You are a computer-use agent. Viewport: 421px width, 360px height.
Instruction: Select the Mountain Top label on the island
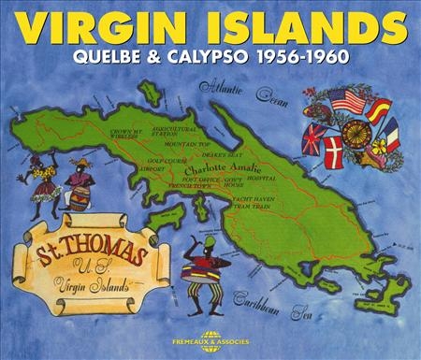tap(183, 144)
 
